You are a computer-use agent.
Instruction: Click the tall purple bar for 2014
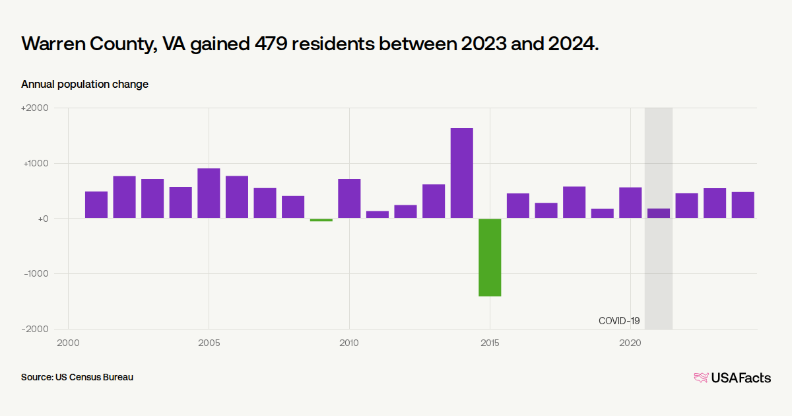click(462, 173)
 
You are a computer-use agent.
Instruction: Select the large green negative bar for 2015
click(490, 258)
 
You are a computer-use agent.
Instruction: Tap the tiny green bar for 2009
click(321, 220)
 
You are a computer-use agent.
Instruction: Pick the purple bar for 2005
click(209, 193)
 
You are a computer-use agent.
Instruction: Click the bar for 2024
click(742, 205)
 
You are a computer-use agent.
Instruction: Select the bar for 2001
click(96, 205)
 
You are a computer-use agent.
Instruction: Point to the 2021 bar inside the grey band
click(658, 213)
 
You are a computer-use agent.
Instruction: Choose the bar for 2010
click(349, 198)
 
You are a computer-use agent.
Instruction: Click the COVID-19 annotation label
click(619, 321)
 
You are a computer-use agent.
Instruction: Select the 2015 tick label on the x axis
click(490, 343)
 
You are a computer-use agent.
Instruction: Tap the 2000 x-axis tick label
click(68, 343)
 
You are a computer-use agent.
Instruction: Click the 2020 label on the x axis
click(630, 343)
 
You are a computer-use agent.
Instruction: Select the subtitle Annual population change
click(84, 85)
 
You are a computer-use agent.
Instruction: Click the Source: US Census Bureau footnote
click(77, 377)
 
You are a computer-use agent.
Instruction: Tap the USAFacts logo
click(732, 378)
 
